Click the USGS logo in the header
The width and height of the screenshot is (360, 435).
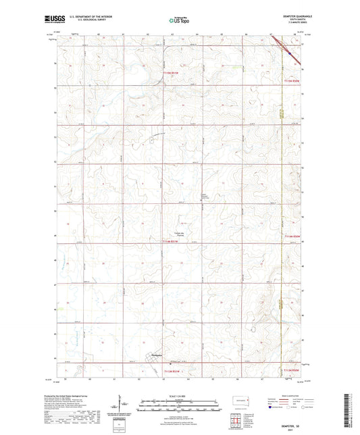pos(51,20)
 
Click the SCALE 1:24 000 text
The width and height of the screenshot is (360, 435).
pos(178,395)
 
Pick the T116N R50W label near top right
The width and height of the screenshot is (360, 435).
pos(290,82)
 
